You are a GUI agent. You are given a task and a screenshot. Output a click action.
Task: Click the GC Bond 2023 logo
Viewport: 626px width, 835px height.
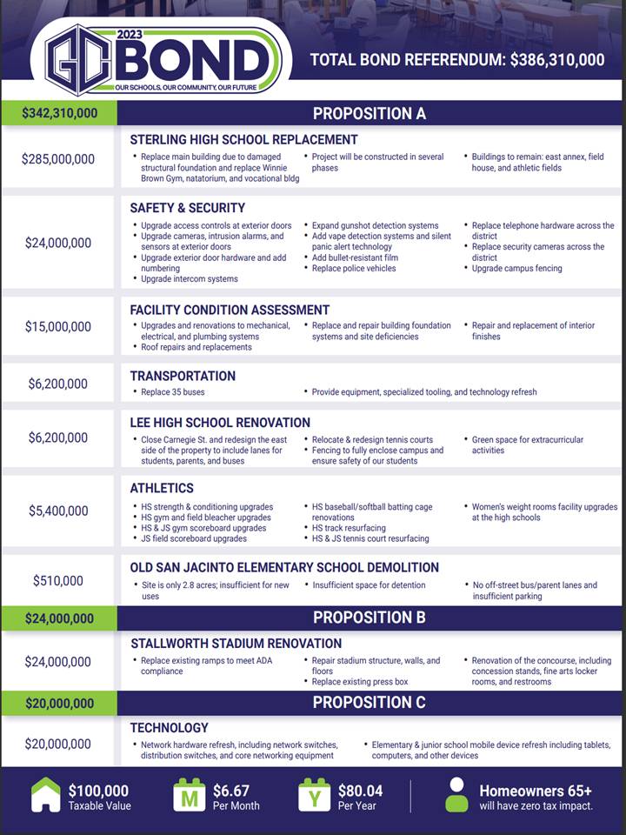click(161, 59)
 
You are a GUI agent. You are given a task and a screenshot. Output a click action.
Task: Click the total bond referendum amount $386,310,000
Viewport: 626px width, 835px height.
click(556, 60)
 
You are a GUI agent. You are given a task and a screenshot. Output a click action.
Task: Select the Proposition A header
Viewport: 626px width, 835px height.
click(370, 113)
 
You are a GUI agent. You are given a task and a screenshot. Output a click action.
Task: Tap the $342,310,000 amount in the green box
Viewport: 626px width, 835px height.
click(59, 113)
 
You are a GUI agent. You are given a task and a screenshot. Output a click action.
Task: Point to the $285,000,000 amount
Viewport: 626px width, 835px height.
click(58, 158)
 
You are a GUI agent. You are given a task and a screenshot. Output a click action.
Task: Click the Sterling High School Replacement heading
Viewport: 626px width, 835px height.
click(243, 139)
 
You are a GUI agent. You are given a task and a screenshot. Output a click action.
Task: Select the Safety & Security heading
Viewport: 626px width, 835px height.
click(187, 208)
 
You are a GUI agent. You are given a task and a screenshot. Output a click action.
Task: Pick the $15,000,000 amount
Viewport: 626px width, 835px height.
click(58, 327)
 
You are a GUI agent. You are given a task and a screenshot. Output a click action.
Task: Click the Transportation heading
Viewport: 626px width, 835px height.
click(183, 376)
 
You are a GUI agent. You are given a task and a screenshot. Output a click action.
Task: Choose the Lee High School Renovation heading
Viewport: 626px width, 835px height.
click(220, 423)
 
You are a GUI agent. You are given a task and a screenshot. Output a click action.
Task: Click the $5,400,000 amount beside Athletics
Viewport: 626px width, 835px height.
click(58, 511)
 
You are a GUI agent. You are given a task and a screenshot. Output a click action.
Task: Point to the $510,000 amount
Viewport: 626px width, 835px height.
click(58, 580)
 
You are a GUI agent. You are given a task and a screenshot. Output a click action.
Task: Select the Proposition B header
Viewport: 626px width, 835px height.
click(370, 618)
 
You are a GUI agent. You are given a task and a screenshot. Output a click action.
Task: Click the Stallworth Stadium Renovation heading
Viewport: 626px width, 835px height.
click(236, 644)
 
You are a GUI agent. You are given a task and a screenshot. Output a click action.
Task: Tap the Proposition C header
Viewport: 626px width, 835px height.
click(370, 702)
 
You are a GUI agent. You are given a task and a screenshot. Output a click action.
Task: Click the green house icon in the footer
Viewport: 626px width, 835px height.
click(46, 795)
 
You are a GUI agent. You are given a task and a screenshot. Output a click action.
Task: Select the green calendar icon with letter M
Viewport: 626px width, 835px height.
click(188, 795)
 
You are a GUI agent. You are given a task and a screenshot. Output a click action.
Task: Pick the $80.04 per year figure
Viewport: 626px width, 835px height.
click(360, 791)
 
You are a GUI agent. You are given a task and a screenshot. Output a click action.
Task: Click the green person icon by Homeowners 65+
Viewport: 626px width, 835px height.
click(456, 795)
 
